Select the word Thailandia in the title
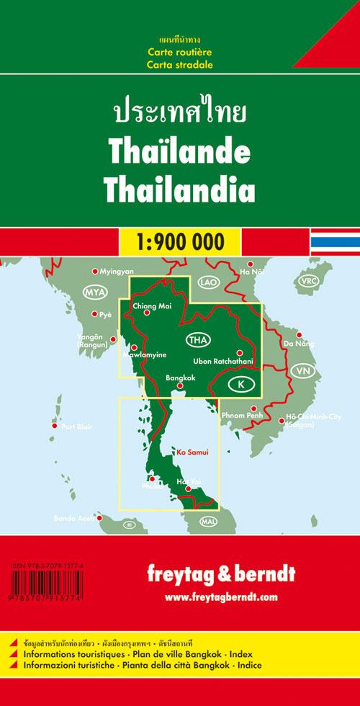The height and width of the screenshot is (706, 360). coord(180,189)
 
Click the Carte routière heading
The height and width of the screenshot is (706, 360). coord(179,53)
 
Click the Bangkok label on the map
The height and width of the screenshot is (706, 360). coord(180,377)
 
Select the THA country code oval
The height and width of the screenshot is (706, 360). coord(199,340)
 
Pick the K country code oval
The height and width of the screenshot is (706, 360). coord(240,386)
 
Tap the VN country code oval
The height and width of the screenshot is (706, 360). coord(305,371)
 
